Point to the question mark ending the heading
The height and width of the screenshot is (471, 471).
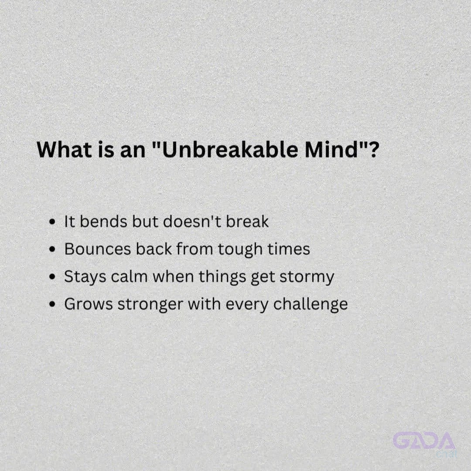click(x=373, y=149)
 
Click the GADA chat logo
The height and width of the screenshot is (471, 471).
click(x=424, y=444)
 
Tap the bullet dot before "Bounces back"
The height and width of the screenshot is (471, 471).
click(x=52, y=249)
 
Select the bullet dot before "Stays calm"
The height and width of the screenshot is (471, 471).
click(x=52, y=276)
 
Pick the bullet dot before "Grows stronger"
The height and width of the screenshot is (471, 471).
click(x=52, y=304)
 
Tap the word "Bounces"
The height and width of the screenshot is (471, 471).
click(x=98, y=249)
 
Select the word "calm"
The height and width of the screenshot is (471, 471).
click(x=129, y=276)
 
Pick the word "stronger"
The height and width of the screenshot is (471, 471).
click(x=150, y=305)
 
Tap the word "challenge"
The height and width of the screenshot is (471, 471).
click(x=311, y=305)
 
